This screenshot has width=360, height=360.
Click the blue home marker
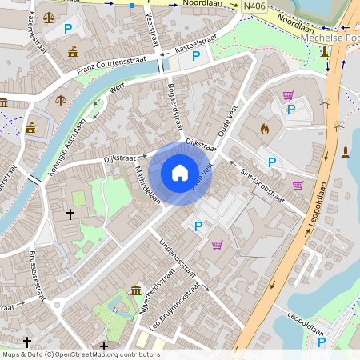pyautogui.click(x=179, y=173)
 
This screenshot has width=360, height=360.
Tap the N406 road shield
pyautogui.click(x=254, y=6)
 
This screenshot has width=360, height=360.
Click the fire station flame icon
pyautogui.click(x=266, y=128)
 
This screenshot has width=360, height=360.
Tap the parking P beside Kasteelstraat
pyautogui.click(x=196, y=56)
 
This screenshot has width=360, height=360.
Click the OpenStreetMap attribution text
pyautogui.click(x=80, y=354)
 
